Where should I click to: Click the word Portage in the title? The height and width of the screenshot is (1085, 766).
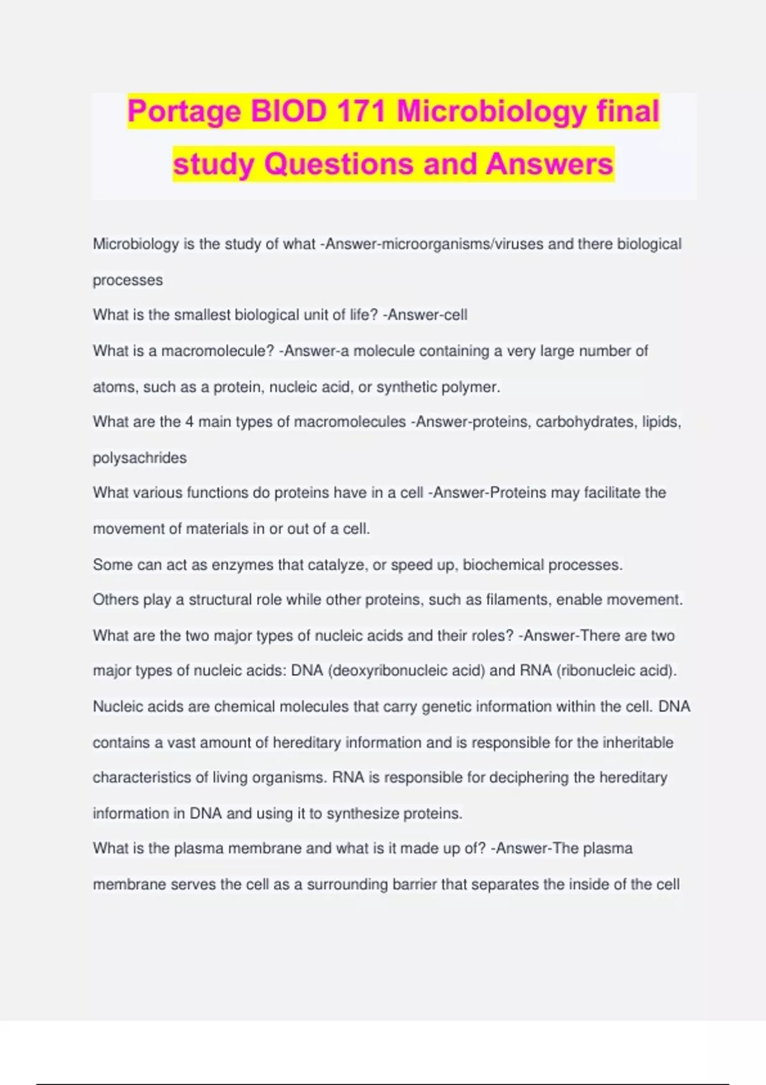(184, 112)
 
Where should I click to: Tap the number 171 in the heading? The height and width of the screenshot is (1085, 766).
(361, 112)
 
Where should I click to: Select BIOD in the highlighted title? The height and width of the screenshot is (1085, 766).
(289, 112)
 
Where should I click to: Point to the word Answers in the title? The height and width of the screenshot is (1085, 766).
(550, 164)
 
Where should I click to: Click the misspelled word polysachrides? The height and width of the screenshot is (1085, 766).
(140, 458)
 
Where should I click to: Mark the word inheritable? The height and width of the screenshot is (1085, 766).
(638, 742)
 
